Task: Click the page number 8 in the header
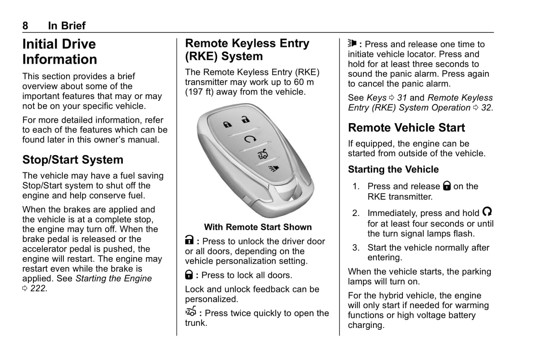point(25,26)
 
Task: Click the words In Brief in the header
point(67,26)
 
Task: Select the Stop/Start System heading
point(73,160)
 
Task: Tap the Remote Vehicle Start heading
point(406,128)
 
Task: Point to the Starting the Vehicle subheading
point(393,169)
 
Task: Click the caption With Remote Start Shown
point(258,227)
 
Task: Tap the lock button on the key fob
point(227,124)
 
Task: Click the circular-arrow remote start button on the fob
point(248,140)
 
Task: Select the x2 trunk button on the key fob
point(262,154)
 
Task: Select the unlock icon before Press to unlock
point(189,241)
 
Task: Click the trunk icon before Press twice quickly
point(191,312)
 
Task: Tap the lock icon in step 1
point(446,186)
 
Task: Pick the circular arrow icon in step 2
point(487,212)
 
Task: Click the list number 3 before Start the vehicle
point(355,248)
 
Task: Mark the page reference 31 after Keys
point(402,98)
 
